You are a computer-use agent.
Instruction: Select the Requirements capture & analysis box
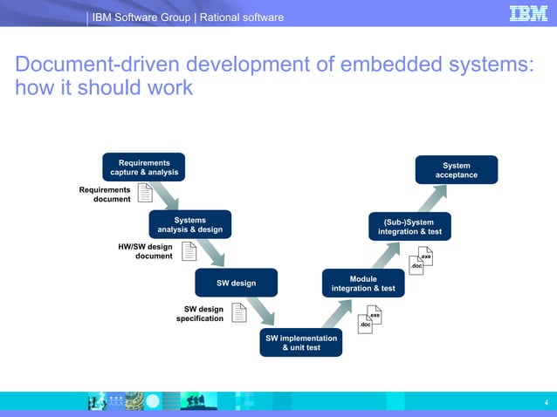click(x=144, y=167)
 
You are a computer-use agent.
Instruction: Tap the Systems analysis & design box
click(x=190, y=225)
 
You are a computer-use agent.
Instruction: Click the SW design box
click(x=237, y=283)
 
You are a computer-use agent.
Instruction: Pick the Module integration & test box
click(x=362, y=284)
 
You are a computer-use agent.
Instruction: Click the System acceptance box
click(x=457, y=170)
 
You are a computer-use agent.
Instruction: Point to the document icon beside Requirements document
click(x=146, y=195)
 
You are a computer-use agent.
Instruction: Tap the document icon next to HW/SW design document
click(x=189, y=252)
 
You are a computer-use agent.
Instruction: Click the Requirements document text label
click(x=105, y=195)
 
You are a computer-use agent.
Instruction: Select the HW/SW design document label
click(x=145, y=251)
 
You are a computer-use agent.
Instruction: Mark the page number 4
click(x=545, y=401)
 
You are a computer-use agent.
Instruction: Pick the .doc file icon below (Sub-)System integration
click(x=416, y=265)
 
